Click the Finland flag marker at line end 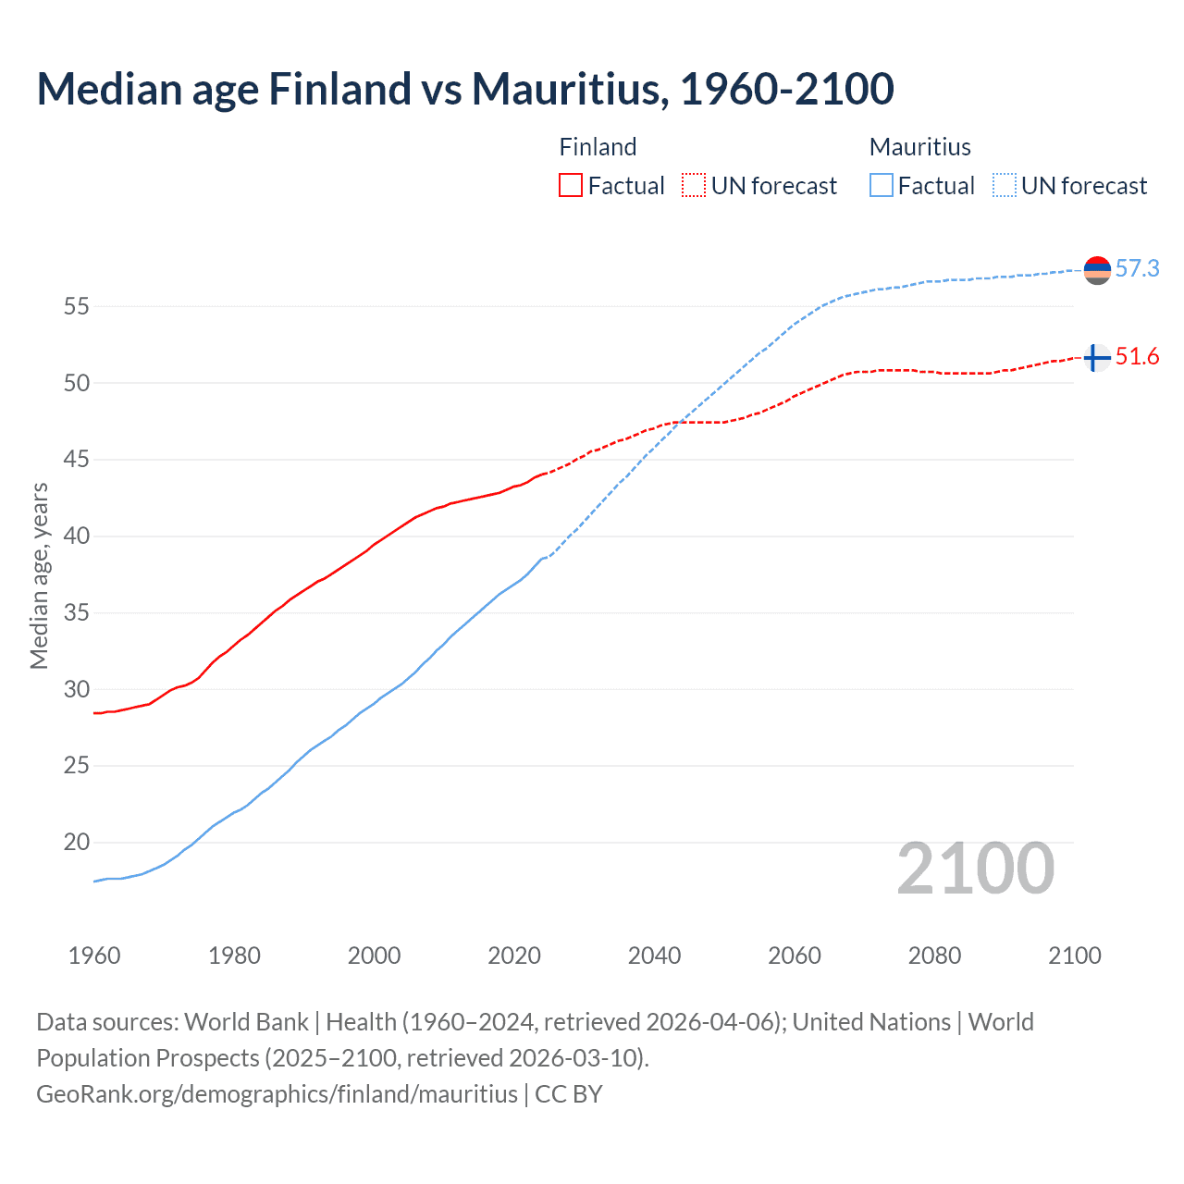1097,357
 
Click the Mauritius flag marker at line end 1097,270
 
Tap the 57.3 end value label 1137,268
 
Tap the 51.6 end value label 1137,357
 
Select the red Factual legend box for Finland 571,186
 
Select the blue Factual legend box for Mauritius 881,186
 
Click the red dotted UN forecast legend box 694,186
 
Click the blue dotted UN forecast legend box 1004,186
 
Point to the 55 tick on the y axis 76,306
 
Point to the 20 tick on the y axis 76,843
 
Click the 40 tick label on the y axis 76,536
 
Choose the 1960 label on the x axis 94,956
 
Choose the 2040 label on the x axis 654,956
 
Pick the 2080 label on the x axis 934,956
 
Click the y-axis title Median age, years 39,575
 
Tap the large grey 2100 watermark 975,869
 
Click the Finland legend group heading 598,147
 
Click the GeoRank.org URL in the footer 277,1094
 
